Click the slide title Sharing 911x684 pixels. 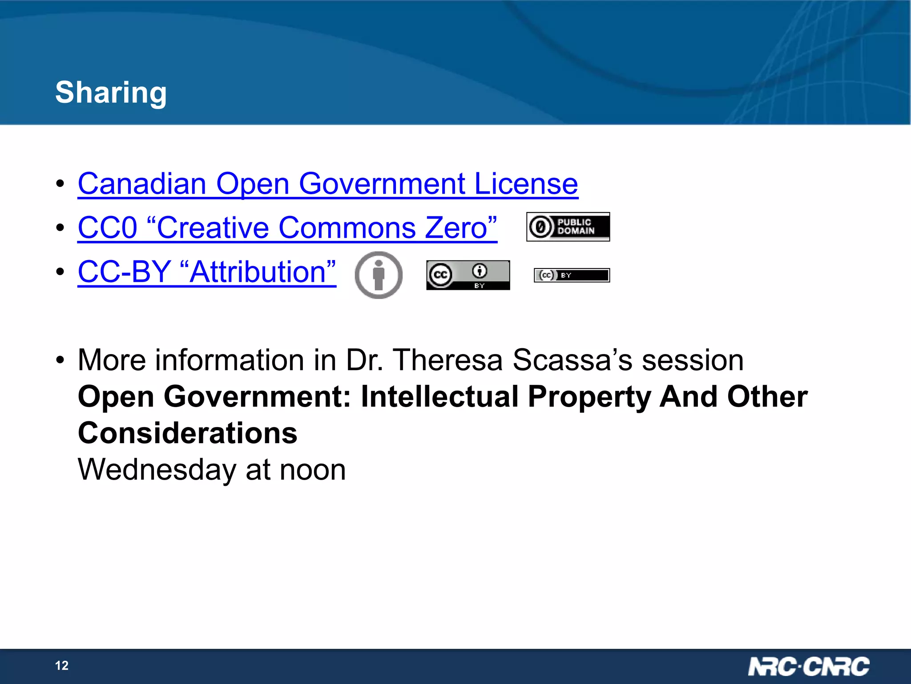click(111, 93)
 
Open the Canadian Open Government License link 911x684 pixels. click(328, 183)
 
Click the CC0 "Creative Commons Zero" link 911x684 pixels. click(287, 228)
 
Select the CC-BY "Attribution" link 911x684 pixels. click(207, 272)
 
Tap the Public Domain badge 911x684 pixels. click(568, 227)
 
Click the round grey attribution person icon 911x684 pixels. click(379, 275)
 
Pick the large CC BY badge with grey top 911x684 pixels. click(468, 275)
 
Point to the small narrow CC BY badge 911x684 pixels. click(572, 275)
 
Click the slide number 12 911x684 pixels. click(62, 665)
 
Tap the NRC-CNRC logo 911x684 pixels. click(808, 667)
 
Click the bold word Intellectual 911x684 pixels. click(439, 396)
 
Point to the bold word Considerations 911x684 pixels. click(187, 433)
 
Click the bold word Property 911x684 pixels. click(589, 396)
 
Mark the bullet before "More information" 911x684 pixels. click(60, 360)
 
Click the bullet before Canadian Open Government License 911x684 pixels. click(60, 183)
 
